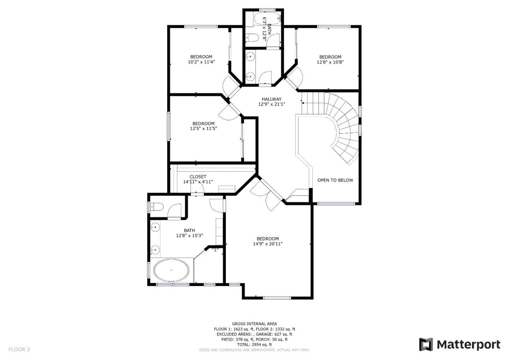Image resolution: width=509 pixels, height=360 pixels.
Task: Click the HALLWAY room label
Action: (x=271, y=99)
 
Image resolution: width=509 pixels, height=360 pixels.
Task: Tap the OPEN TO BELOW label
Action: (x=335, y=180)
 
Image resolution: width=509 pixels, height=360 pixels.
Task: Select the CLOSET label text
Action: (x=198, y=176)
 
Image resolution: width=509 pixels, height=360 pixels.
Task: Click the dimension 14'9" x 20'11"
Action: (x=268, y=244)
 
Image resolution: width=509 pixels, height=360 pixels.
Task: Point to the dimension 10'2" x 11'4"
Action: (x=201, y=62)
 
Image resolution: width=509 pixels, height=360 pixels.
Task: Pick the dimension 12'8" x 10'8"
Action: (x=330, y=62)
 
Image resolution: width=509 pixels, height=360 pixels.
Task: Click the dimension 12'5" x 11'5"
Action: (x=203, y=129)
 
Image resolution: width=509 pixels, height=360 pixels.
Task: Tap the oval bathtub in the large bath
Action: (x=171, y=270)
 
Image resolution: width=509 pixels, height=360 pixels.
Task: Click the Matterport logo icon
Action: (x=426, y=344)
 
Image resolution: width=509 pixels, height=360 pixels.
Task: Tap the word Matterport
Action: (x=468, y=344)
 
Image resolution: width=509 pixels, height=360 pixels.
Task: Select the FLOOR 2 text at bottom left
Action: (x=19, y=349)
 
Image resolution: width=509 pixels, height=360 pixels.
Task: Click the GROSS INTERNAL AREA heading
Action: (x=254, y=324)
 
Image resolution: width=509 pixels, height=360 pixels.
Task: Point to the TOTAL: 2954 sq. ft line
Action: (x=254, y=344)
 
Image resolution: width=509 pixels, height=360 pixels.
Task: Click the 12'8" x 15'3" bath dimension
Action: (x=189, y=236)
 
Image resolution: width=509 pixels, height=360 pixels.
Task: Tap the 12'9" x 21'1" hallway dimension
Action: (x=271, y=104)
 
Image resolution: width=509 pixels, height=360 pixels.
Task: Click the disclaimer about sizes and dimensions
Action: (x=254, y=350)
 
